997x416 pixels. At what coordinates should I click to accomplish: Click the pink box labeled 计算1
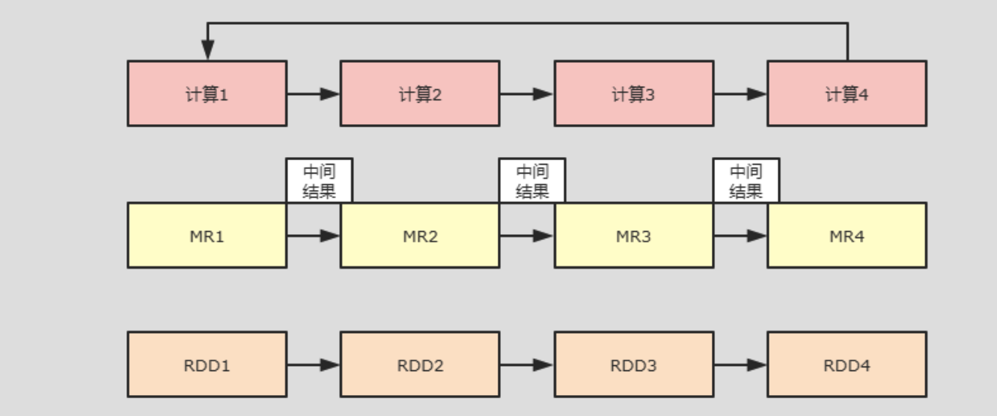(x=207, y=94)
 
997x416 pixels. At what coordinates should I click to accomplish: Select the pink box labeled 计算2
(x=420, y=94)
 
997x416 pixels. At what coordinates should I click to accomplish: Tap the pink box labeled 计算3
(x=633, y=94)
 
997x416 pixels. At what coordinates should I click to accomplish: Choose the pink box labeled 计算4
(x=847, y=94)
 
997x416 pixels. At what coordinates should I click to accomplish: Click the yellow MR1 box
(x=207, y=236)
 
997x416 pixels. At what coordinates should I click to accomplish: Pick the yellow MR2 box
(x=420, y=236)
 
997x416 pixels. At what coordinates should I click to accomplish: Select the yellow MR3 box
(x=633, y=236)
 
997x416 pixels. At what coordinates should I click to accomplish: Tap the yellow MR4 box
(x=847, y=236)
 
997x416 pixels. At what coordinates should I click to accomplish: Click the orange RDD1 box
(x=207, y=365)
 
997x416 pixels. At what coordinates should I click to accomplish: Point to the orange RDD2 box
(x=420, y=365)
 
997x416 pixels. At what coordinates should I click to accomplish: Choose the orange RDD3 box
(x=633, y=365)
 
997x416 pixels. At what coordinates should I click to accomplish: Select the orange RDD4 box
(x=847, y=365)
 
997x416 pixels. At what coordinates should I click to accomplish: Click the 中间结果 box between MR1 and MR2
(x=319, y=180)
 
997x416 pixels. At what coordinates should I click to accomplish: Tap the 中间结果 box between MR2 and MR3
(x=532, y=180)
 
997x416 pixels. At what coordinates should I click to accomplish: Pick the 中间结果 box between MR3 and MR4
(x=746, y=180)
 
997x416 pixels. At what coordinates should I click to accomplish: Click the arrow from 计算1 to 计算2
(x=313, y=94)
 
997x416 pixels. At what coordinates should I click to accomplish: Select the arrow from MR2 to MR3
(x=526, y=236)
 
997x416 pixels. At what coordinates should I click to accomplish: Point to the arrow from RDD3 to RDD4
(x=740, y=365)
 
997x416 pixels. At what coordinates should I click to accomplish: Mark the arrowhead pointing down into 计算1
(x=207, y=51)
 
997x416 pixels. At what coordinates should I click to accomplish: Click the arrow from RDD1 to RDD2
(x=313, y=365)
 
